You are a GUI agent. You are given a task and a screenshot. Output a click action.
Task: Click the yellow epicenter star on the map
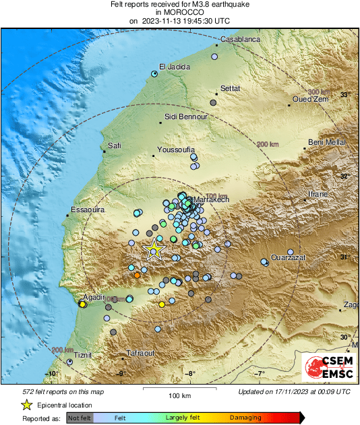pos(154,250)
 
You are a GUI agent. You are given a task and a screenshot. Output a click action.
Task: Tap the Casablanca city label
pos(240,40)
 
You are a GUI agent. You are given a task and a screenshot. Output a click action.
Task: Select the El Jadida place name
pos(175,67)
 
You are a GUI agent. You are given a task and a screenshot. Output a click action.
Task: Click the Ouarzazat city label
pos(289,257)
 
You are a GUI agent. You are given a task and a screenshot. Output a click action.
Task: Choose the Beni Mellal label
pos(327,142)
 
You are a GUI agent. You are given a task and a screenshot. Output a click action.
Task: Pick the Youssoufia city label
pos(175,150)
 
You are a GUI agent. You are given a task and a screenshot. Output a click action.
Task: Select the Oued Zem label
pos(309,100)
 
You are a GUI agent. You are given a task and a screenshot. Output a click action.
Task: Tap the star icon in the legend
pos(26,405)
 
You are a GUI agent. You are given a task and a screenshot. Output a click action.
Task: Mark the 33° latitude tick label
pos(344,95)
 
